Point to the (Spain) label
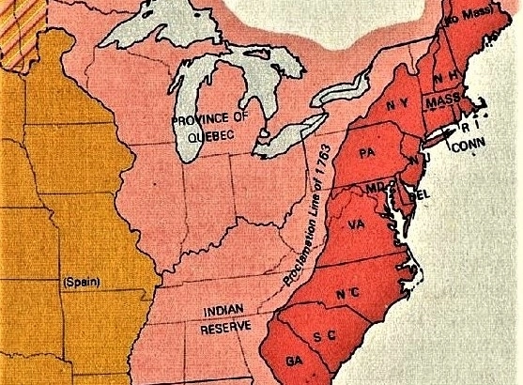81,282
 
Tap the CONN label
467,146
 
